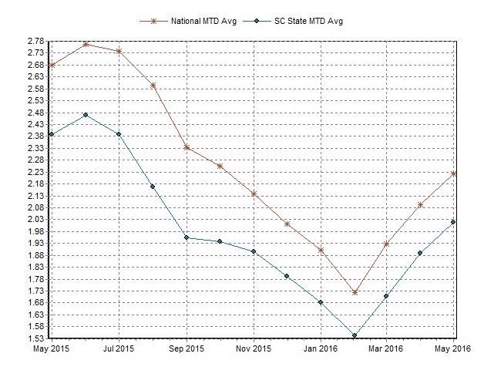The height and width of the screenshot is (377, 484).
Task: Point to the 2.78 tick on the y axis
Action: pos(34,40)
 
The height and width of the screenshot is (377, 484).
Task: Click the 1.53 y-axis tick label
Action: pos(34,338)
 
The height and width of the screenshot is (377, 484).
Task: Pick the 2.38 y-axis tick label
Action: pos(34,136)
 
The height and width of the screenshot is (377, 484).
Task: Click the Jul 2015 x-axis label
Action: pos(119,348)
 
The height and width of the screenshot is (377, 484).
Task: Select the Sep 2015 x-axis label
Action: pos(187,348)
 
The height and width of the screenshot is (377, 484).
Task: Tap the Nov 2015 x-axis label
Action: pos(254,348)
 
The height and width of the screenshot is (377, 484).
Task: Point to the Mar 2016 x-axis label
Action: pos(386,348)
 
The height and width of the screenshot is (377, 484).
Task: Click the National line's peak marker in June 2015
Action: pos(86,44)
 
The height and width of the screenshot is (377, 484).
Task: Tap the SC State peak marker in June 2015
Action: pos(86,115)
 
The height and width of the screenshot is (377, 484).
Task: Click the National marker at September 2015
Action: pos(187,147)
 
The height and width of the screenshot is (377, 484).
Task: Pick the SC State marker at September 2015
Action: pos(187,237)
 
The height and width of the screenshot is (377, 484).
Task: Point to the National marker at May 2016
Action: pos(454,173)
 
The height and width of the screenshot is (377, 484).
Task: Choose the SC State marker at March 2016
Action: pos(386,296)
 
